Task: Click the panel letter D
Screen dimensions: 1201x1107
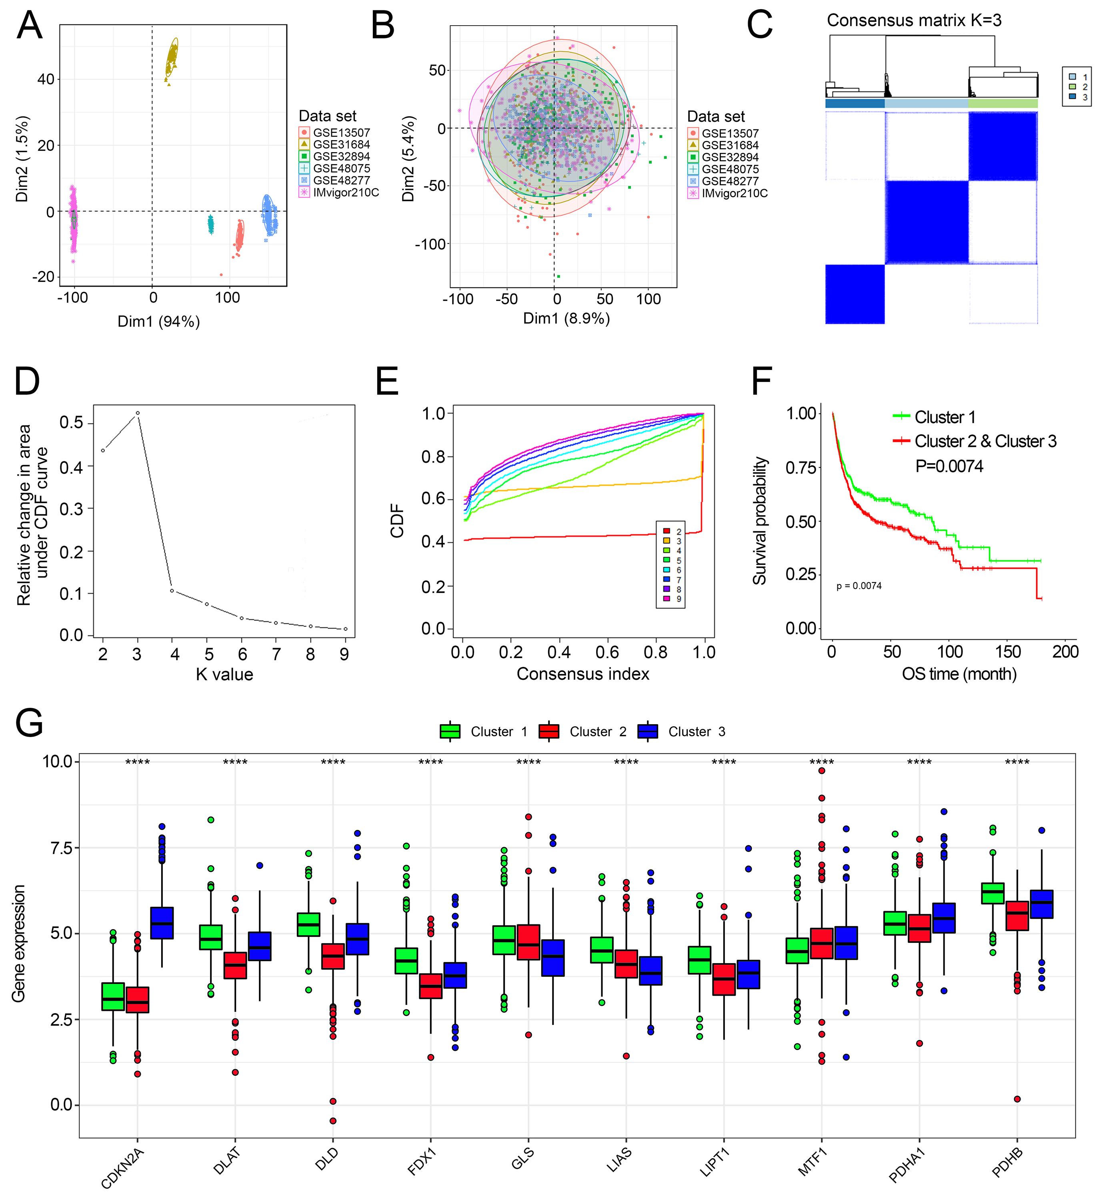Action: (27, 382)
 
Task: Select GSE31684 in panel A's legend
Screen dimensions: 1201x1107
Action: (341, 145)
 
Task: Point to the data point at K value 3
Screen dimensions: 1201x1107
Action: (138, 413)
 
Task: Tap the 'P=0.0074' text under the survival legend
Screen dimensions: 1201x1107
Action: (949, 466)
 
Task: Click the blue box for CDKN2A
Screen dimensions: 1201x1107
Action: (162, 923)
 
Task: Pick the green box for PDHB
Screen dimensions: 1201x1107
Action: (993, 893)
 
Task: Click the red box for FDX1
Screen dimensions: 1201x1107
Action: (431, 986)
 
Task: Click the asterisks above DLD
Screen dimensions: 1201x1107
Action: (333, 762)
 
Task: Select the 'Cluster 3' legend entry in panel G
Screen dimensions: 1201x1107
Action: (696, 732)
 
